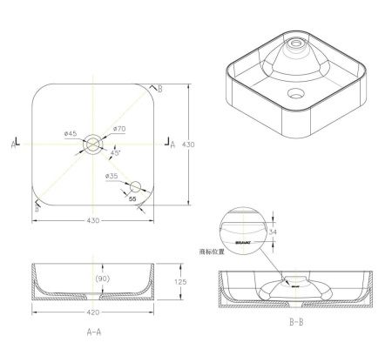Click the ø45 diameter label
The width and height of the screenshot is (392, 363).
click(71, 133)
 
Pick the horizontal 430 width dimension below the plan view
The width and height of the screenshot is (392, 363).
click(93, 220)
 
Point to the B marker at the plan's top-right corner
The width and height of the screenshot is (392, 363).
click(157, 88)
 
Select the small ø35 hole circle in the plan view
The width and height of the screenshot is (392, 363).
click(133, 185)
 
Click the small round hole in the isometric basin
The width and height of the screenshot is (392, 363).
click(295, 90)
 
